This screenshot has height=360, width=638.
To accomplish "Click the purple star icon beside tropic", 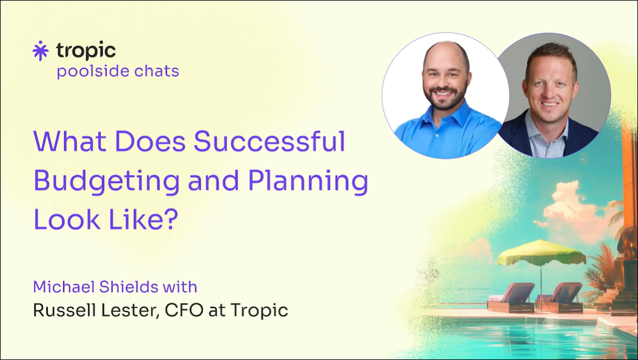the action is tap(40, 50).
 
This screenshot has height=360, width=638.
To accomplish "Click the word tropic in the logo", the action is tap(86, 51).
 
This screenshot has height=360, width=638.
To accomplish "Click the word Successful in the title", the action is tap(269, 141).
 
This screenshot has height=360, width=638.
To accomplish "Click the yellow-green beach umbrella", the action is tap(541, 252).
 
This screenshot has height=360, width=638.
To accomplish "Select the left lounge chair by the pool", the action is tap(511, 298).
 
